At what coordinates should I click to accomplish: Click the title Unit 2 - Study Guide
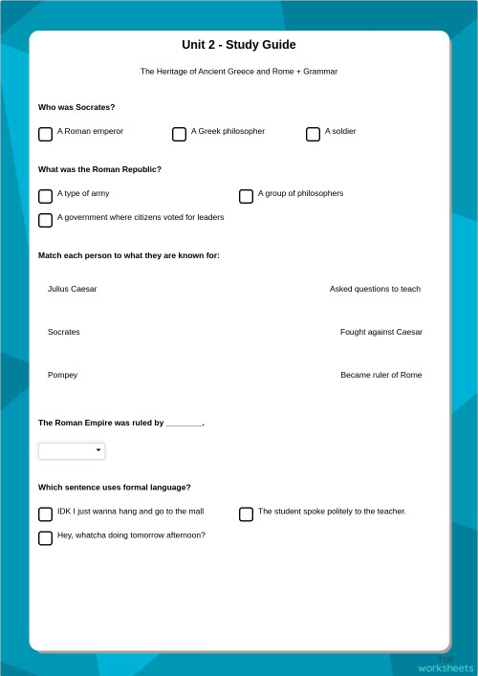[x=239, y=45]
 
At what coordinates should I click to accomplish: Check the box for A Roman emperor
[x=45, y=135]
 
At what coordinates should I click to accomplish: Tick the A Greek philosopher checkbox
[x=179, y=135]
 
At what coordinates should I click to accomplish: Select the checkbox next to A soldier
[x=313, y=135]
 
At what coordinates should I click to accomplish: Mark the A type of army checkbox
[x=45, y=197]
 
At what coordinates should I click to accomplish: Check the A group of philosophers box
[x=246, y=197]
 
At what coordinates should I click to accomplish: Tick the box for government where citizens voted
[x=45, y=221]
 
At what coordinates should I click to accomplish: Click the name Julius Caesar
[x=72, y=289]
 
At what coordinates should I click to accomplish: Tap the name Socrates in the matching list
[x=64, y=332]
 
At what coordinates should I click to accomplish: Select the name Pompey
[x=62, y=375]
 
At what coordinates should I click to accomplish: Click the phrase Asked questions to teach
[x=375, y=289]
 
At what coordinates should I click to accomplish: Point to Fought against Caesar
[x=380, y=332]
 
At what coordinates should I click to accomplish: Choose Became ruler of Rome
[x=380, y=375]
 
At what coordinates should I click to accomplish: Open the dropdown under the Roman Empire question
[x=72, y=450]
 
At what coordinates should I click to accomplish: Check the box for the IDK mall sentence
[x=45, y=514]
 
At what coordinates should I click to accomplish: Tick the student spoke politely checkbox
[x=246, y=514]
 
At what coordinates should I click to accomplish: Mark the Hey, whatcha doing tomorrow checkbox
[x=45, y=538]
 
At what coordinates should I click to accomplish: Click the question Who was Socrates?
[x=76, y=107]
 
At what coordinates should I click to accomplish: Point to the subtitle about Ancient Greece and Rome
[x=239, y=72]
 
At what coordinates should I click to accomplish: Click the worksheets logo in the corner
[x=445, y=665]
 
